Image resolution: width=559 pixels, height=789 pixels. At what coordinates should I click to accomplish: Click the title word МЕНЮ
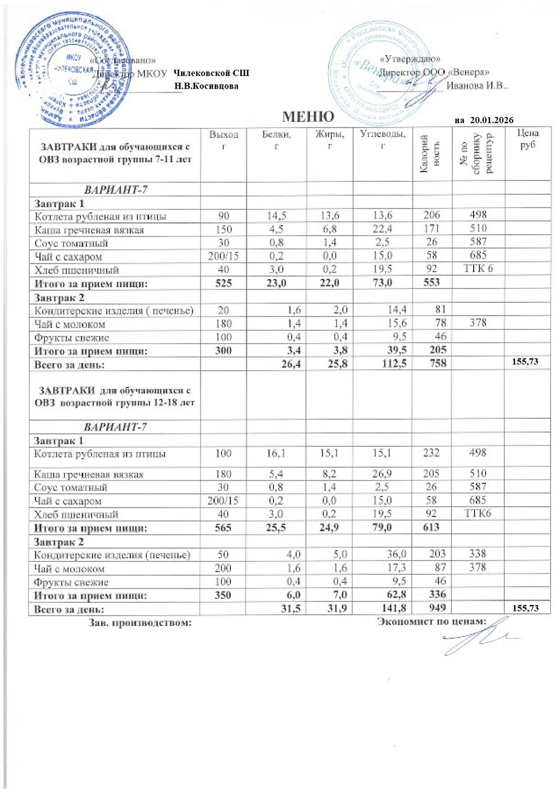pyautogui.click(x=308, y=116)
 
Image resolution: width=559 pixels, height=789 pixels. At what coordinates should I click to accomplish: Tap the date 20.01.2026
pyautogui.click(x=491, y=120)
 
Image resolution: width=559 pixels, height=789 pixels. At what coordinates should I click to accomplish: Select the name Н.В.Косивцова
pyautogui.click(x=207, y=86)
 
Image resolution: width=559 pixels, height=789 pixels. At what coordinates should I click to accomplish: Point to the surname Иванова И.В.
pyautogui.click(x=477, y=86)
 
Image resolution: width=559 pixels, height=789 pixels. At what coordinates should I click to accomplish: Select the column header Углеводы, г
pyautogui.click(x=382, y=139)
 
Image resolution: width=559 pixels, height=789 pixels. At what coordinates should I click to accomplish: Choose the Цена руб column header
pyautogui.click(x=527, y=139)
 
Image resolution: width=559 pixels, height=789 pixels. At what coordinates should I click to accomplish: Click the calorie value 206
pyautogui.click(x=431, y=215)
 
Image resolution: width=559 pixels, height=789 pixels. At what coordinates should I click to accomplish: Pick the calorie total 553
pyautogui.click(x=431, y=283)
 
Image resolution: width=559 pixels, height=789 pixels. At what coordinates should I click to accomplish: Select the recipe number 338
pyautogui.click(x=478, y=554)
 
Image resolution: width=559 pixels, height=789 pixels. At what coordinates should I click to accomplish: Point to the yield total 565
pyautogui.click(x=223, y=527)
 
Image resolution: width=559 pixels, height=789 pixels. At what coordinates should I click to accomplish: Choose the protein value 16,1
pyautogui.click(x=276, y=453)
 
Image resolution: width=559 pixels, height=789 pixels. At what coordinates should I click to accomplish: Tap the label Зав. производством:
pyautogui.click(x=140, y=623)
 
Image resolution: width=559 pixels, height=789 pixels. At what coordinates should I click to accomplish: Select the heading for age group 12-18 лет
pyautogui.click(x=114, y=396)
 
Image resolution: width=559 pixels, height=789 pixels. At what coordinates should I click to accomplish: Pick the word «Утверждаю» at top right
pyautogui.click(x=410, y=60)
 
